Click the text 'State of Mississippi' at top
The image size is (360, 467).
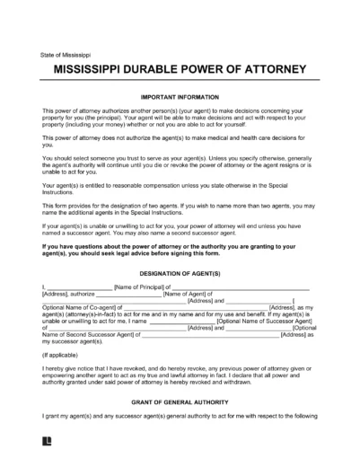click(66, 55)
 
